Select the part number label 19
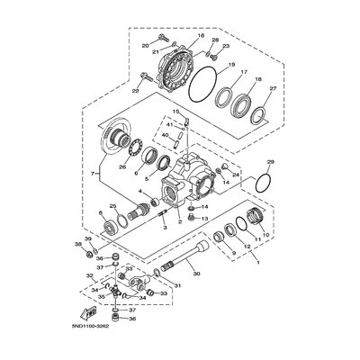pos(231,67)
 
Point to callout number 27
pos(274,88)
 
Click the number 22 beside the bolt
pos(136,91)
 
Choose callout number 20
pos(145,45)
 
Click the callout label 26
pos(122,166)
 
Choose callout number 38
pos(79,244)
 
